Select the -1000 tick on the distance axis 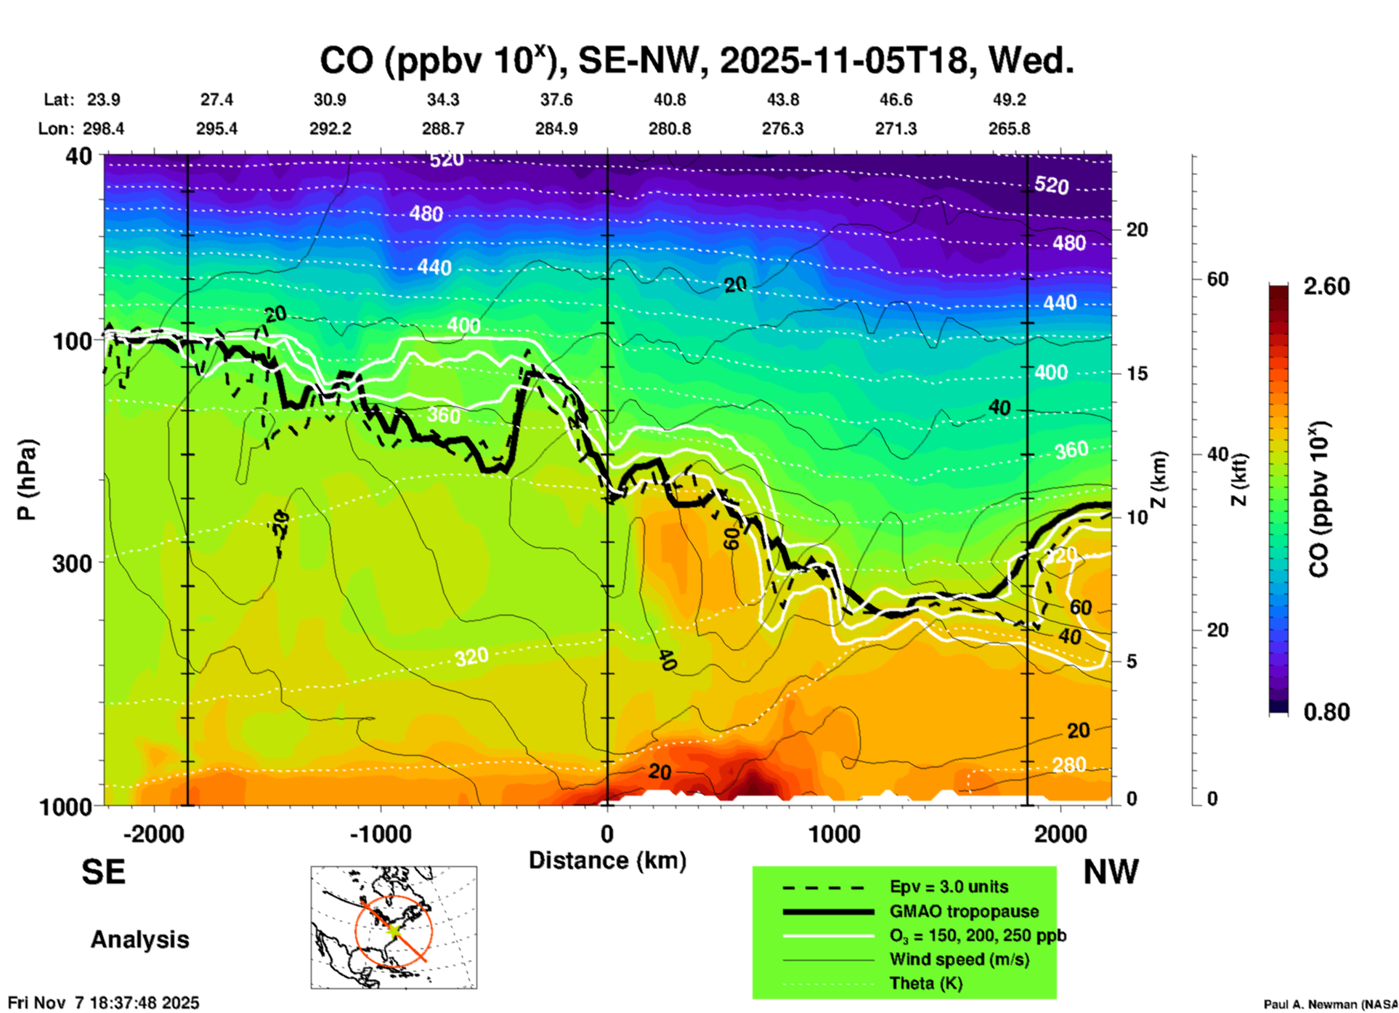pyautogui.click(x=380, y=834)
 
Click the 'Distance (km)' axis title pyautogui.click(x=607, y=860)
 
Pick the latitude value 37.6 pyautogui.click(x=556, y=100)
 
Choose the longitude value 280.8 pyautogui.click(x=669, y=129)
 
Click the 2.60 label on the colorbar pyautogui.click(x=1326, y=286)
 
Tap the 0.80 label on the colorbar pyautogui.click(x=1326, y=712)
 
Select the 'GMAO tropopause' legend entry pyautogui.click(x=964, y=911)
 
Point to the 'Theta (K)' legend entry pyautogui.click(x=925, y=983)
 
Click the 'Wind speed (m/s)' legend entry pyautogui.click(x=959, y=959)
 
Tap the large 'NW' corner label pyautogui.click(x=1111, y=872)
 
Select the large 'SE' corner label pyautogui.click(x=103, y=872)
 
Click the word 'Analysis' pyautogui.click(x=139, y=940)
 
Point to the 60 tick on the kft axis pyautogui.click(x=1217, y=279)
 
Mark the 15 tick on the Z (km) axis pyautogui.click(x=1137, y=374)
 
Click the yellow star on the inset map pyautogui.click(x=393, y=929)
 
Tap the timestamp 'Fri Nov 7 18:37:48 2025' pyautogui.click(x=103, y=1003)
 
